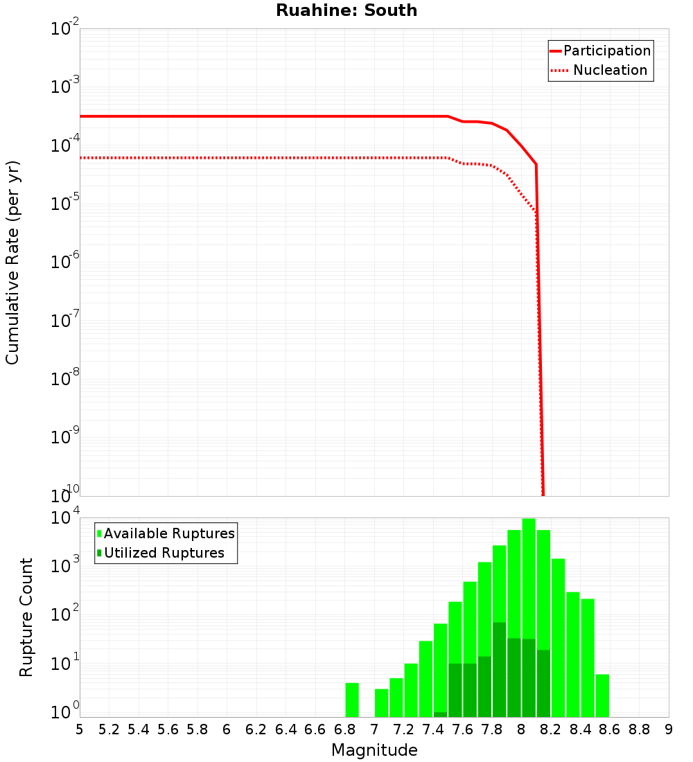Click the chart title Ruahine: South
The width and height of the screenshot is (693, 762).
[346, 10]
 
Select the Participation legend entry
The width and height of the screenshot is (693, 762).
[600, 51]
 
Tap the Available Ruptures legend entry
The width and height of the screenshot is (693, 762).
[166, 533]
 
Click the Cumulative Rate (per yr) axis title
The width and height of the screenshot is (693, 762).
[12, 263]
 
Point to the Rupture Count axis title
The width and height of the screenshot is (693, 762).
[26, 617]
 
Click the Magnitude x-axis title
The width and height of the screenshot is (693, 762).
[374, 750]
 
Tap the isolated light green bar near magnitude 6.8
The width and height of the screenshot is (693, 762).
[352, 700]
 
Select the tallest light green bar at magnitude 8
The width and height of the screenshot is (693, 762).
[529, 617]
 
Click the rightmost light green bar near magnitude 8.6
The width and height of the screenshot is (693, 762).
[602, 695]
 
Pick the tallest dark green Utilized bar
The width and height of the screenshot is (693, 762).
[499, 669]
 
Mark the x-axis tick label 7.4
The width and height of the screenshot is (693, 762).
[433, 729]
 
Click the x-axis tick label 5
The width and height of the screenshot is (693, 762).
[80, 729]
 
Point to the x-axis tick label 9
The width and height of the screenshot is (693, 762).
[669, 729]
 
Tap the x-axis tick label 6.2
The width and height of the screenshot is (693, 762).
[256, 729]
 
